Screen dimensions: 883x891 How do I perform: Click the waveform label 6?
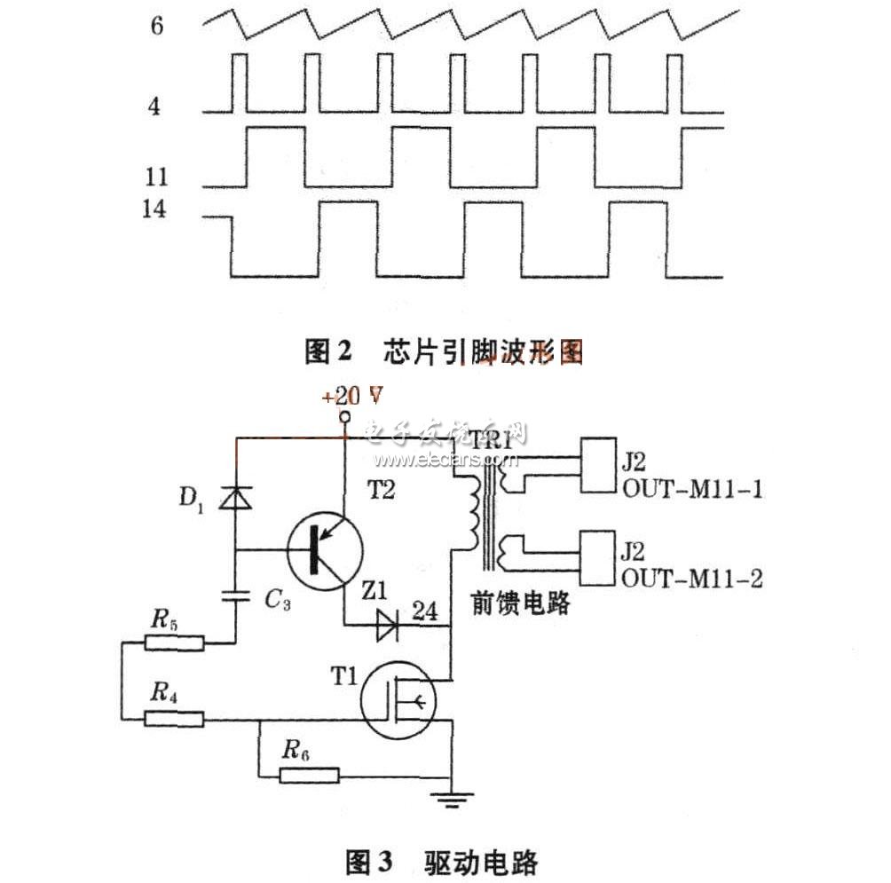click(x=157, y=26)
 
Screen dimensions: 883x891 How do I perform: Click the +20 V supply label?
click(x=345, y=396)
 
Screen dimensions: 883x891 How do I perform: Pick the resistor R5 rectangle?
click(x=174, y=643)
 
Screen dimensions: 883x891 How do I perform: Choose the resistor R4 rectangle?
click(x=174, y=718)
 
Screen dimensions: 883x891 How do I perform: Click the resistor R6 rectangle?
click(x=309, y=775)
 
